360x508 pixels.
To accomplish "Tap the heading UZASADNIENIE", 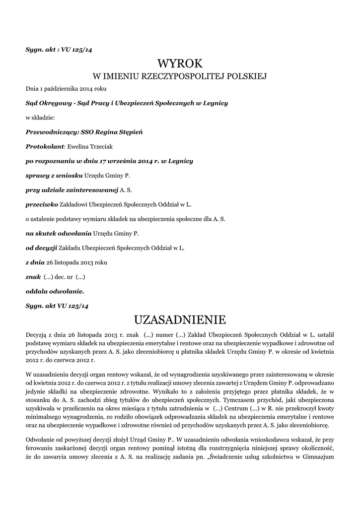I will (180, 318).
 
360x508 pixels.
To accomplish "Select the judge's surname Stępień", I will (130, 132).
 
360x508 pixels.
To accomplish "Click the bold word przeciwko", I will (42, 204).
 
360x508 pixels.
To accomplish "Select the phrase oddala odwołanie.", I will (55, 291).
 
